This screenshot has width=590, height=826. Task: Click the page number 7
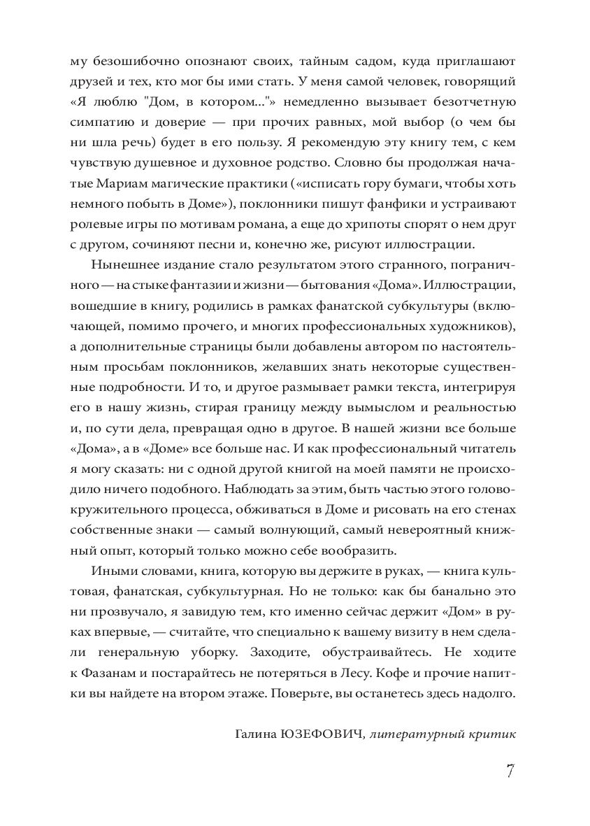510,771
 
